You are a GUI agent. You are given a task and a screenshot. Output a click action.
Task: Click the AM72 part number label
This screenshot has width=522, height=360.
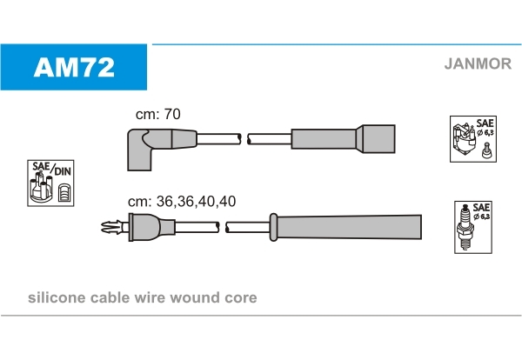(74, 67)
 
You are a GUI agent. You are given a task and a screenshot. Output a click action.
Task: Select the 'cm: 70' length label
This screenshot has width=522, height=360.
(158, 113)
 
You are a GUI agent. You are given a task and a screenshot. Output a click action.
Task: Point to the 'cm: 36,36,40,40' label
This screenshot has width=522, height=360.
(182, 201)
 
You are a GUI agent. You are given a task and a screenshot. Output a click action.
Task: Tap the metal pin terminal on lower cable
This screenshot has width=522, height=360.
(111, 229)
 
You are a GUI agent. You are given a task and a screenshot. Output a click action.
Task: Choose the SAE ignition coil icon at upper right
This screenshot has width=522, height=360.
(473, 140)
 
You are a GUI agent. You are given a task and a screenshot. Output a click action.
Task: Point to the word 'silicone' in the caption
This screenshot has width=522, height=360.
(54, 298)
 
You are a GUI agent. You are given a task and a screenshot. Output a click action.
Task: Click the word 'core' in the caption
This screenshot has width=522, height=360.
(241, 298)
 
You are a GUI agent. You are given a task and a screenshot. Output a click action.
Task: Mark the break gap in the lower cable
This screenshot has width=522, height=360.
(223, 229)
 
